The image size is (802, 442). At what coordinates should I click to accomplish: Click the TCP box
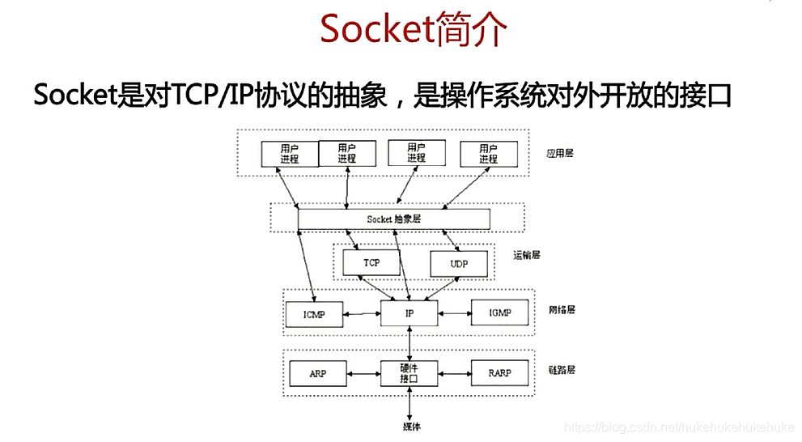tap(371, 263)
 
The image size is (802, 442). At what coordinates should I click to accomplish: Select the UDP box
tap(459, 265)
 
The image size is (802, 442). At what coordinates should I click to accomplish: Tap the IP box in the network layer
tap(409, 312)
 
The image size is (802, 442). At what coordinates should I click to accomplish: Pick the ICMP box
tap(314, 313)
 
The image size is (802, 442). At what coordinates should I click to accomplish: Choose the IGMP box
tap(499, 312)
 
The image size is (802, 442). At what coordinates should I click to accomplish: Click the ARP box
tap(318, 374)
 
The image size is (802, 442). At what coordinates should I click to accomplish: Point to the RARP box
tap(499, 374)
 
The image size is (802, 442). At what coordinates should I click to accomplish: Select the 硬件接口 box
tap(409, 374)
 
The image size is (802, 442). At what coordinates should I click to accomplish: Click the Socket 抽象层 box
tap(393, 219)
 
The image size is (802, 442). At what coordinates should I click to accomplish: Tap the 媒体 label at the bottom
tap(411, 427)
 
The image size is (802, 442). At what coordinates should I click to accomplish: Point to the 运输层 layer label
tap(526, 255)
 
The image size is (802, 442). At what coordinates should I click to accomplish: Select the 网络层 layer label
tap(560, 309)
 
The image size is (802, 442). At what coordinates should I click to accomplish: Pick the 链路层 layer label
tap(560, 370)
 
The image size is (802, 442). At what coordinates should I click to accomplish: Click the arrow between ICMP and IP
tap(362, 313)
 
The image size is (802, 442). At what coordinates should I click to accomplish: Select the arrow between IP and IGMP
tap(455, 312)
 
